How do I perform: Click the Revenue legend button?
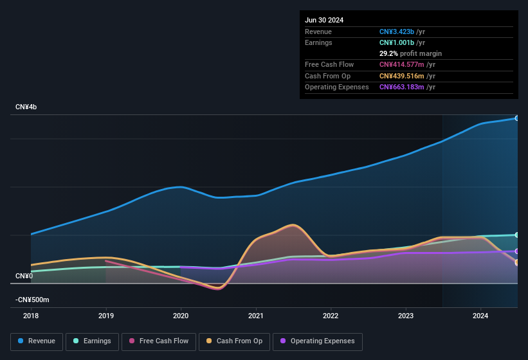click(x=37, y=341)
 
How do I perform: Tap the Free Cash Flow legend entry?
click(x=159, y=341)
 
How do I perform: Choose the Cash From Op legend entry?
click(x=235, y=341)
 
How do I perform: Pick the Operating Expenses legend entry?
click(x=318, y=341)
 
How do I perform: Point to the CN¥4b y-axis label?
click(x=26, y=107)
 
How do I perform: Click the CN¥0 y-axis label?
click(x=24, y=276)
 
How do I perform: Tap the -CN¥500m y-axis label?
click(x=32, y=300)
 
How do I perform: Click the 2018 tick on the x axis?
click(x=31, y=316)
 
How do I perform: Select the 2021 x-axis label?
click(x=256, y=316)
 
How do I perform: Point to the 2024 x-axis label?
click(x=480, y=316)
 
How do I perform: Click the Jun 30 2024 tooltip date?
click(x=324, y=20)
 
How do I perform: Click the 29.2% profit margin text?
click(x=410, y=53)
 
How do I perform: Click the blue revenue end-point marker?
click(x=517, y=118)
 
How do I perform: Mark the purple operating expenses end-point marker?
click(x=517, y=251)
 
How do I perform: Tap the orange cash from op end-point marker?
click(x=517, y=262)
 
